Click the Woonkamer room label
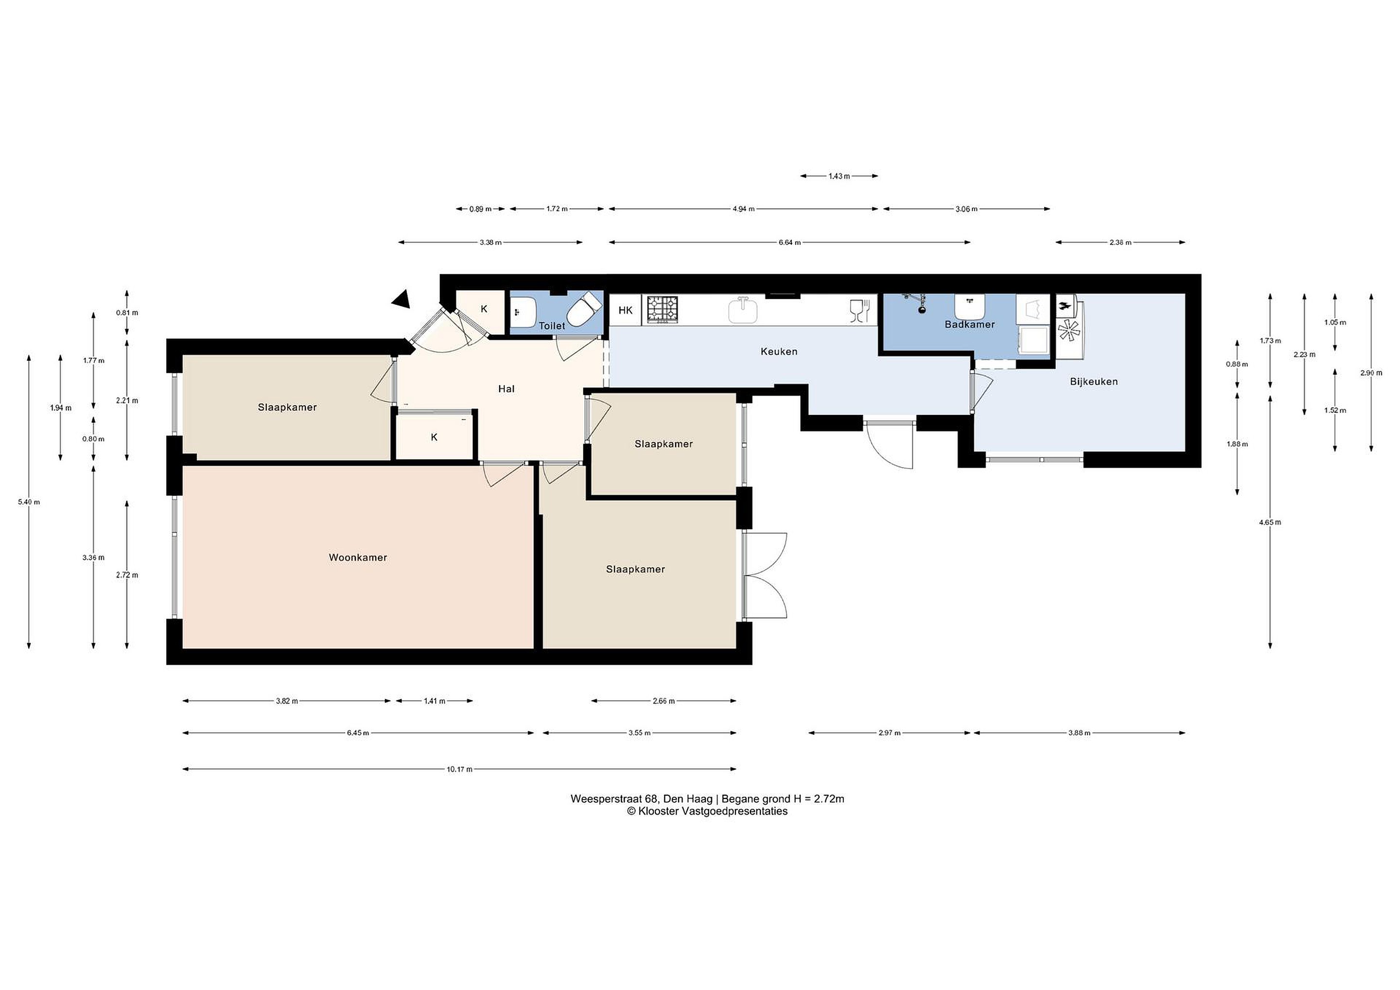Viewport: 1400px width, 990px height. click(x=358, y=557)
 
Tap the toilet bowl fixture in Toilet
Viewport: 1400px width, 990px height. click(x=582, y=310)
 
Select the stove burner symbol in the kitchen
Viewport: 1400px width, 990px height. click(x=662, y=309)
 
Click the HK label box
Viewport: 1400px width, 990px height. click(x=626, y=310)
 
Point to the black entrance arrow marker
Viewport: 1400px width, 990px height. click(x=402, y=299)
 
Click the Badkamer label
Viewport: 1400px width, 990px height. click(x=969, y=324)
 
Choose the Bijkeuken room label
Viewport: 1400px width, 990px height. click(x=1094, y=382)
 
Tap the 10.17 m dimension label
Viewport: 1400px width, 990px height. click(x=459, y=769)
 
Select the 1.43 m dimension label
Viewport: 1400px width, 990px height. click(x=839, y=176)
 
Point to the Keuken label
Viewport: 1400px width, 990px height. click(x=779, y=352)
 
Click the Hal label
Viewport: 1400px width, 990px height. click(x=506, y=389)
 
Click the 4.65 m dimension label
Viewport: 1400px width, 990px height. click(x=1270, y=522)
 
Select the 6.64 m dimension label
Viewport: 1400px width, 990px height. click(x=789, y=243)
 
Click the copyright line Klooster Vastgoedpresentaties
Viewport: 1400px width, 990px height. click(x=707, y=811)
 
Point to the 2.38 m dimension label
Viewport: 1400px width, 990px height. click(x=1120, y=243)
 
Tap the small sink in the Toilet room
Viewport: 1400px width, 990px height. click(x=523, y=312)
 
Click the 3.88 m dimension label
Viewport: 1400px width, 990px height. click(x=1079, y=733)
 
